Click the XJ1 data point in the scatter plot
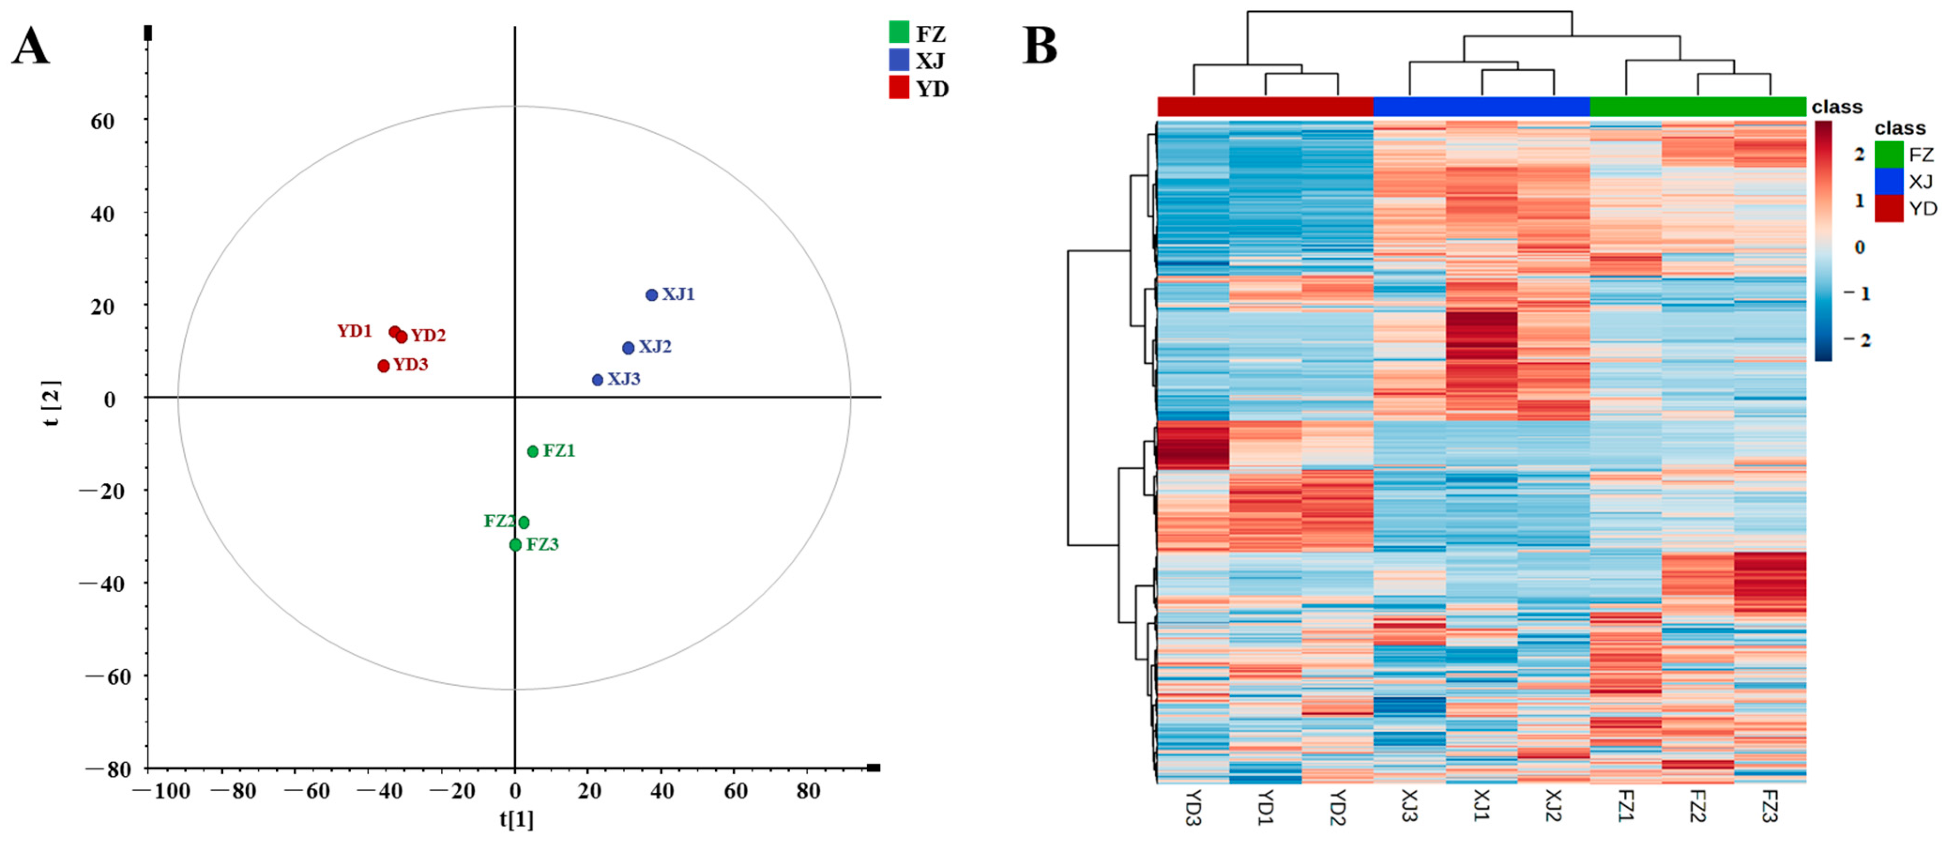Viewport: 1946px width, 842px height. pyautogui.click(x=651, y=295)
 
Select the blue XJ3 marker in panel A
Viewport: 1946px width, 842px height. pyautogui.click(x=598, y=379)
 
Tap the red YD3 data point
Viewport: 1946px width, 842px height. pyautogui.click(x=384, y=366)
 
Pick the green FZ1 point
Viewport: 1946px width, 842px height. pyautogui.click(x=532, y=451)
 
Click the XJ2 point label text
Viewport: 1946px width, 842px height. pyautogui.click(x=654, y=347)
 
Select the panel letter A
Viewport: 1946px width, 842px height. pyautogui.click(x=30, y=47)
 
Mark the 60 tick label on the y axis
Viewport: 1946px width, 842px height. pyautogui.click(x=102, y=122)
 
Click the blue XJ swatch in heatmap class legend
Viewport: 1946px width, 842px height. pyautogui.click(x=1889, y=181)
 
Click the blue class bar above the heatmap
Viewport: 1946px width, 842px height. pyautogui.click(x=1481, y=107)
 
